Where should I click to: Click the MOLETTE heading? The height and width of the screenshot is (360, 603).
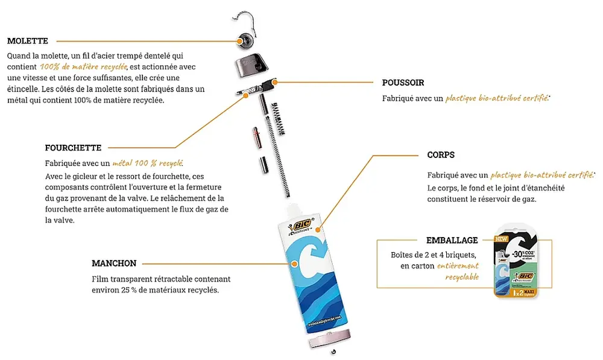(28, 41)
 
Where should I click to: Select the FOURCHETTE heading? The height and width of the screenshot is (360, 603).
(73, 147)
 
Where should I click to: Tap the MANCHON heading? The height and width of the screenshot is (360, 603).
(114, 264)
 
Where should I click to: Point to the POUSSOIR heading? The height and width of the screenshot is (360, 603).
(403, 83)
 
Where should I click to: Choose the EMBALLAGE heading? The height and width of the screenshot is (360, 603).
(452, 240)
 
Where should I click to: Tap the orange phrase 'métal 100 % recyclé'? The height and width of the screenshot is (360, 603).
(148, 163)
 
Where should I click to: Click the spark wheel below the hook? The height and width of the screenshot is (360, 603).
(247, 40)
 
